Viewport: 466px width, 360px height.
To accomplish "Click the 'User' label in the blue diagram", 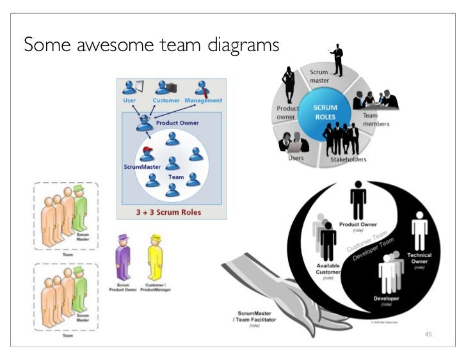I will pyautogui.click(x=129, y=100).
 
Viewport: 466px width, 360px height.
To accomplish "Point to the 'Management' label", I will pyautogui.click(x=203, y=100).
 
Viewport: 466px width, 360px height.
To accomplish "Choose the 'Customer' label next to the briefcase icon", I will pyautogui.click(x=166, y=100).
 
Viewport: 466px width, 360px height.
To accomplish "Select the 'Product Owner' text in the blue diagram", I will pyautogui.click(x=177, y=123).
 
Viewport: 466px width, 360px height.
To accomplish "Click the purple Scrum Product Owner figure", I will pyautogui.click(x=123, y=256).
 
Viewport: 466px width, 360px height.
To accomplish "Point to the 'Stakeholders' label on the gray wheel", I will pyautogui.click(x=348, y=159).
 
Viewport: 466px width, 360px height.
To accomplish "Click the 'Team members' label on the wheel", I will pyautogui.click(x=375, y=120).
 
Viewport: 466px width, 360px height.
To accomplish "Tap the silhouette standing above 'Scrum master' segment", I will pyautogui.click(x=336, y=61).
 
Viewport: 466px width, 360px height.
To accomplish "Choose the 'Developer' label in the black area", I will pyautogui.click(x=388, y=299).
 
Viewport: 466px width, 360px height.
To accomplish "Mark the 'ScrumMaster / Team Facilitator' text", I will pyautogui.click(x=257, y=317).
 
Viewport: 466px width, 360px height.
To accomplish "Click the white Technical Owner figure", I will pyautogui.click(x=419, y=233).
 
